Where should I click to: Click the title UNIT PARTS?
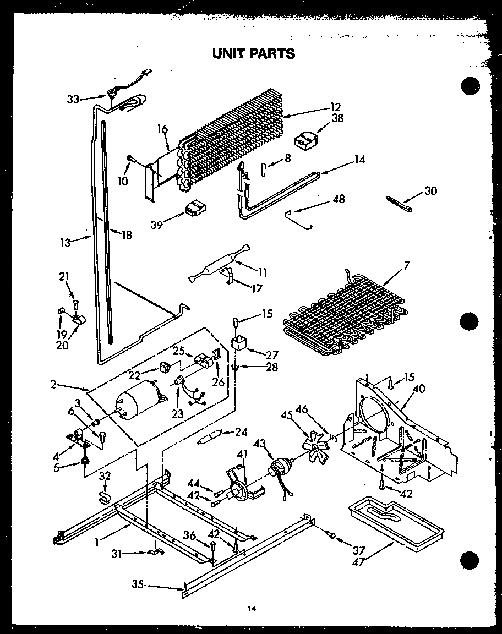pyautogui.click(x=254, y=53)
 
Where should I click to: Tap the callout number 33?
pyautogui.click(x=73, y=100)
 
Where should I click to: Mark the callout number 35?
pyautogui.click(x=138, y=585)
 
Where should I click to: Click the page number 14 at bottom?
pyautogui.click(x=252, y=609)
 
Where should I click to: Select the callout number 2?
pyautogui.click(x=53, y=384)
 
